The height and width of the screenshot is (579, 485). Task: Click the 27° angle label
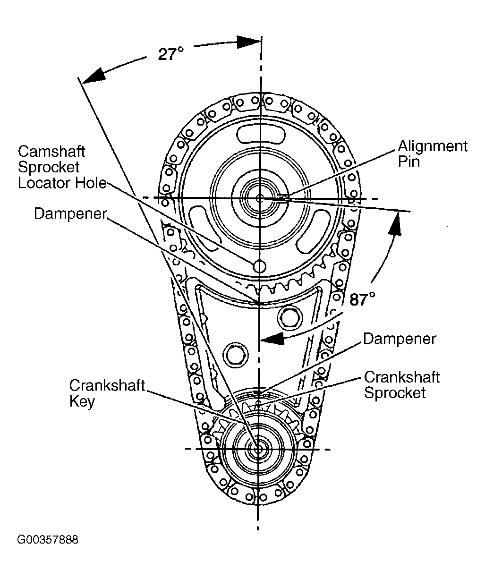coord(171,54)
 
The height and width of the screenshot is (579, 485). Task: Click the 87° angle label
coord(362,299)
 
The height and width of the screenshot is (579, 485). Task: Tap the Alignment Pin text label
coord(432,153)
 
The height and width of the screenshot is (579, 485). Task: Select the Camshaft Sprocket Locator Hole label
coord(62,167)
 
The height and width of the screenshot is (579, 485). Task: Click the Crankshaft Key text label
coord(107,393)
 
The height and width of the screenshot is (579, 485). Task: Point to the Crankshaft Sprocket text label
coord(402,385)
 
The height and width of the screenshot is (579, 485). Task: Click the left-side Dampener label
coord(70,213)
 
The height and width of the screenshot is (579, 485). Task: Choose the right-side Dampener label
coord(400,339)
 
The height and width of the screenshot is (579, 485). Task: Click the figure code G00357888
coord(48,540)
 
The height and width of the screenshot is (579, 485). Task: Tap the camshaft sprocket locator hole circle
coord(259,266)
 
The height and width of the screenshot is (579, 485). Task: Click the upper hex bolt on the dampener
coord(289,318)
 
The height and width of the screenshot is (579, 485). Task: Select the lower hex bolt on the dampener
coord(236,355)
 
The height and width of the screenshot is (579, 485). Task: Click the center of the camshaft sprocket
coord(260,198)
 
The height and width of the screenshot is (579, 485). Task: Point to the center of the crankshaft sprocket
coord(258,449)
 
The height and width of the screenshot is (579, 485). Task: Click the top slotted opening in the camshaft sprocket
coord(261,134)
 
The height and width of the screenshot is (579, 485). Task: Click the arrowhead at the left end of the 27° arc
coord(94,75)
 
